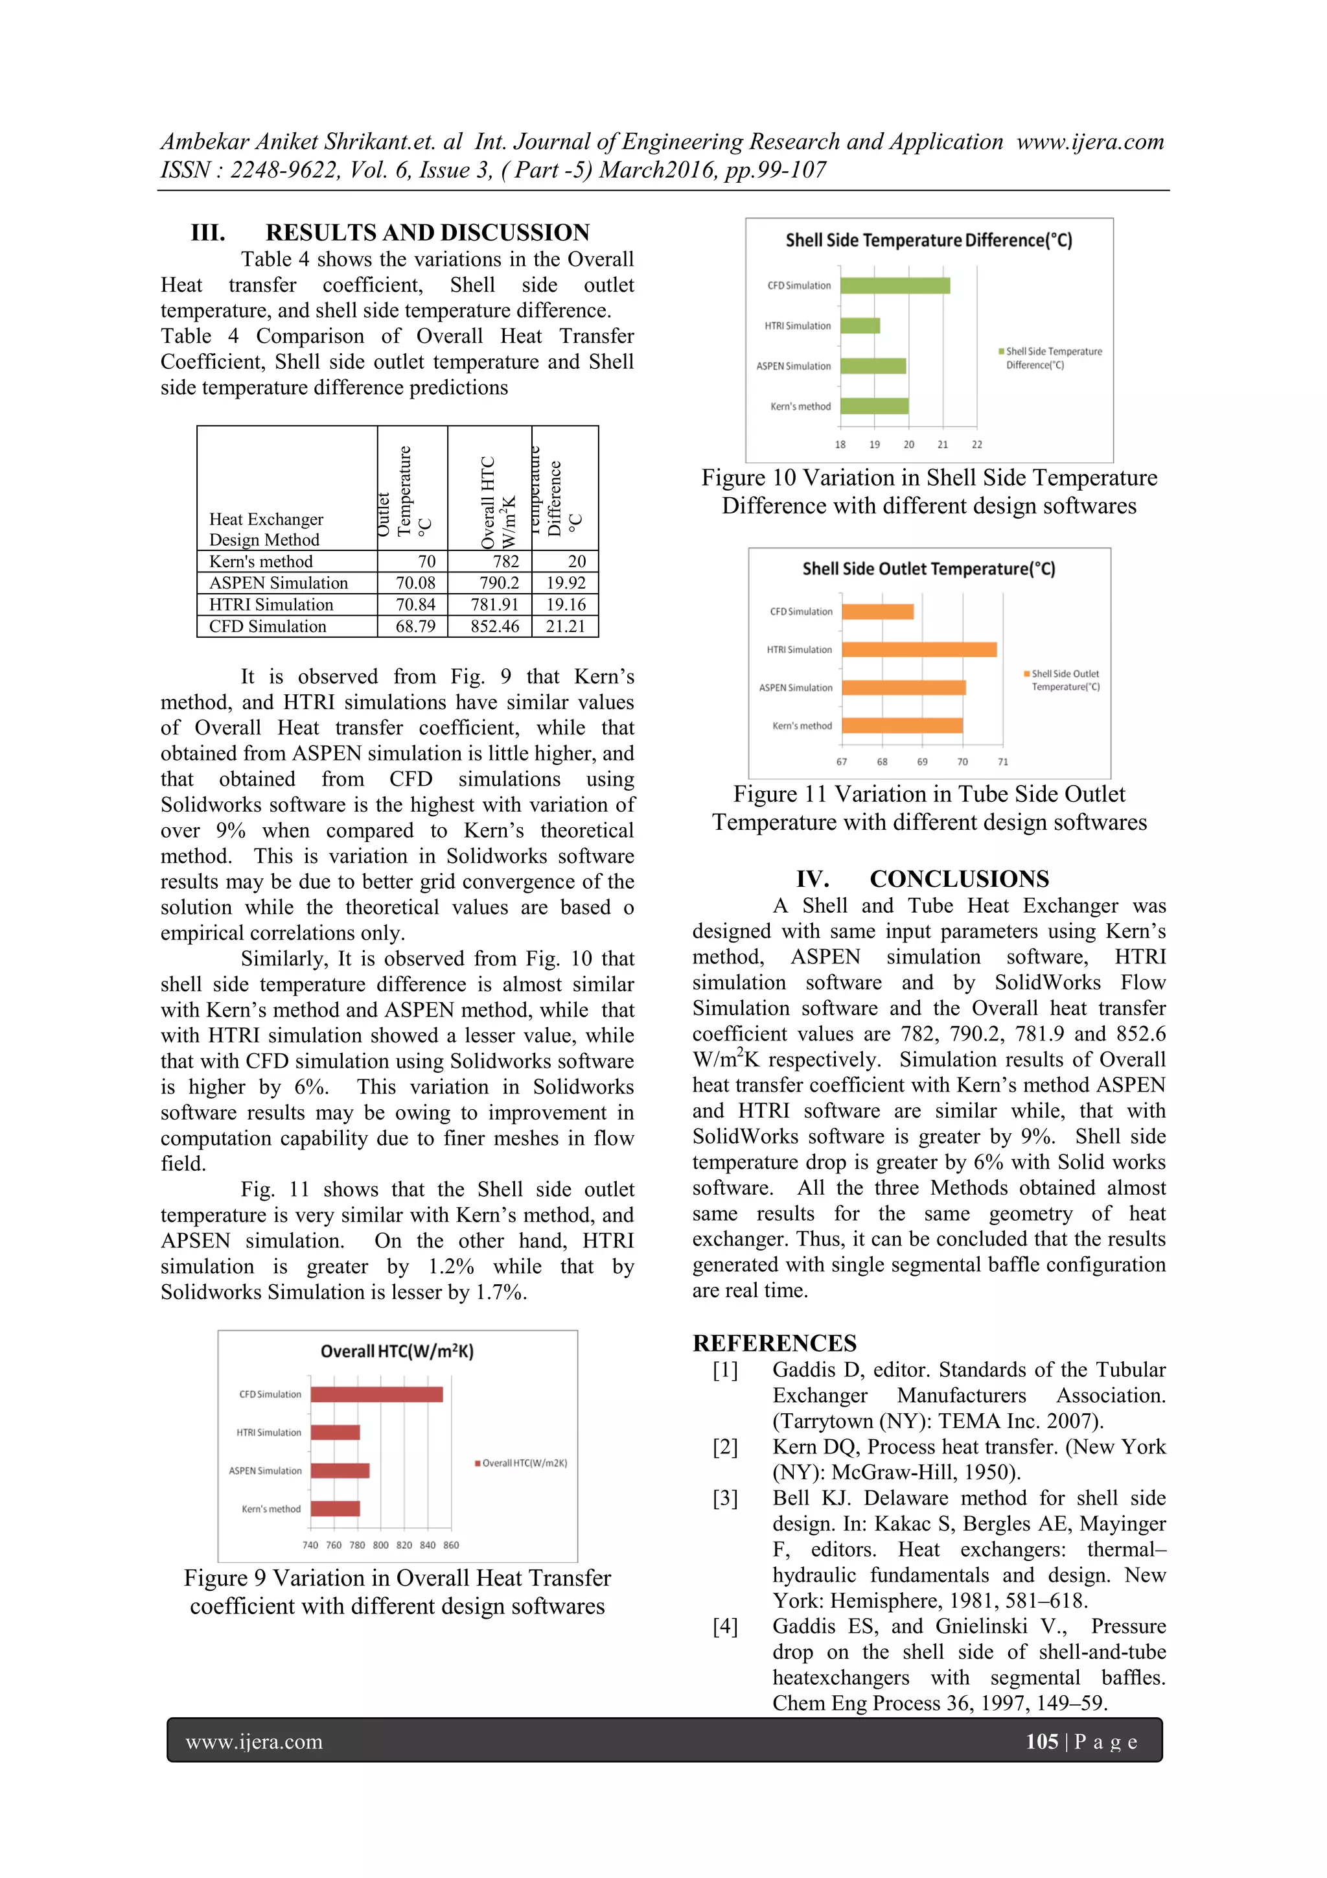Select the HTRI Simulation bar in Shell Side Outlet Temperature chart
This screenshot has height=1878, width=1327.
coord(918,650)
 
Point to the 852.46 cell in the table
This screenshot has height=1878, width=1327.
coord(494,627)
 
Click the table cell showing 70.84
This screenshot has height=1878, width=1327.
coord(415,604)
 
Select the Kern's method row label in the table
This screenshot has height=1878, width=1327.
coord(261,561)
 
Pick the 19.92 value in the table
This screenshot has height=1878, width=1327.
coord(566,583)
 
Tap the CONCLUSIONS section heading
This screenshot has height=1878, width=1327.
coord(958,878)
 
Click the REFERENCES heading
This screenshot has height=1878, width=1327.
coord(774,1343)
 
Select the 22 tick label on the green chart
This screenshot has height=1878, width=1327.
coord(976,444)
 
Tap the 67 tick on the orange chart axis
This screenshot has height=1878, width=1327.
coord(841,762)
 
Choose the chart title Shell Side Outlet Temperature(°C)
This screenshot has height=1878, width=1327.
coord(928,569)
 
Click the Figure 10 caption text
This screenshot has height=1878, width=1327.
coord(929,491)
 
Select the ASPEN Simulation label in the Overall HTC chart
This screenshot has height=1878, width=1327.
coord(265,1471)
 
